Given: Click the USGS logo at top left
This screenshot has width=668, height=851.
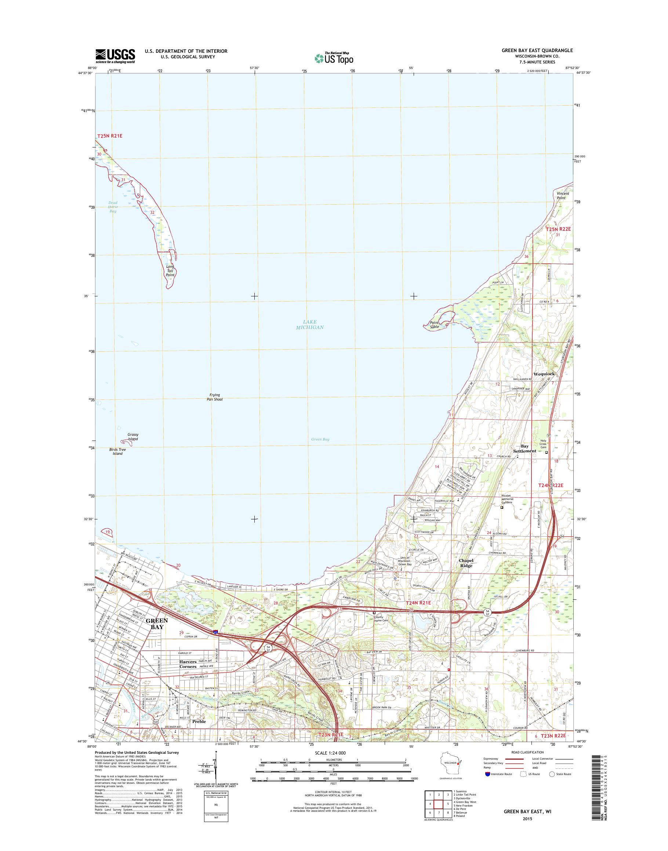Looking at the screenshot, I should click(115, 56).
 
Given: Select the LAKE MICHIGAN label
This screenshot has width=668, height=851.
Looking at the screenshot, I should click(310, 325).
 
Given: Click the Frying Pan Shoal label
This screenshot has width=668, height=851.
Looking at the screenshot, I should click(215, 397).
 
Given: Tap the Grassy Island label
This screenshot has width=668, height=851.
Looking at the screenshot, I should click(133, 437).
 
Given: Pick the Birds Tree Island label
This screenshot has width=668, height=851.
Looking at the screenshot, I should click(117, 452).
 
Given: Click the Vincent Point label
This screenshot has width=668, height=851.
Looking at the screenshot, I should click(563, 196).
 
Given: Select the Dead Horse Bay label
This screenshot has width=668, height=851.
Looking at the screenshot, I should click(113, 207).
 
